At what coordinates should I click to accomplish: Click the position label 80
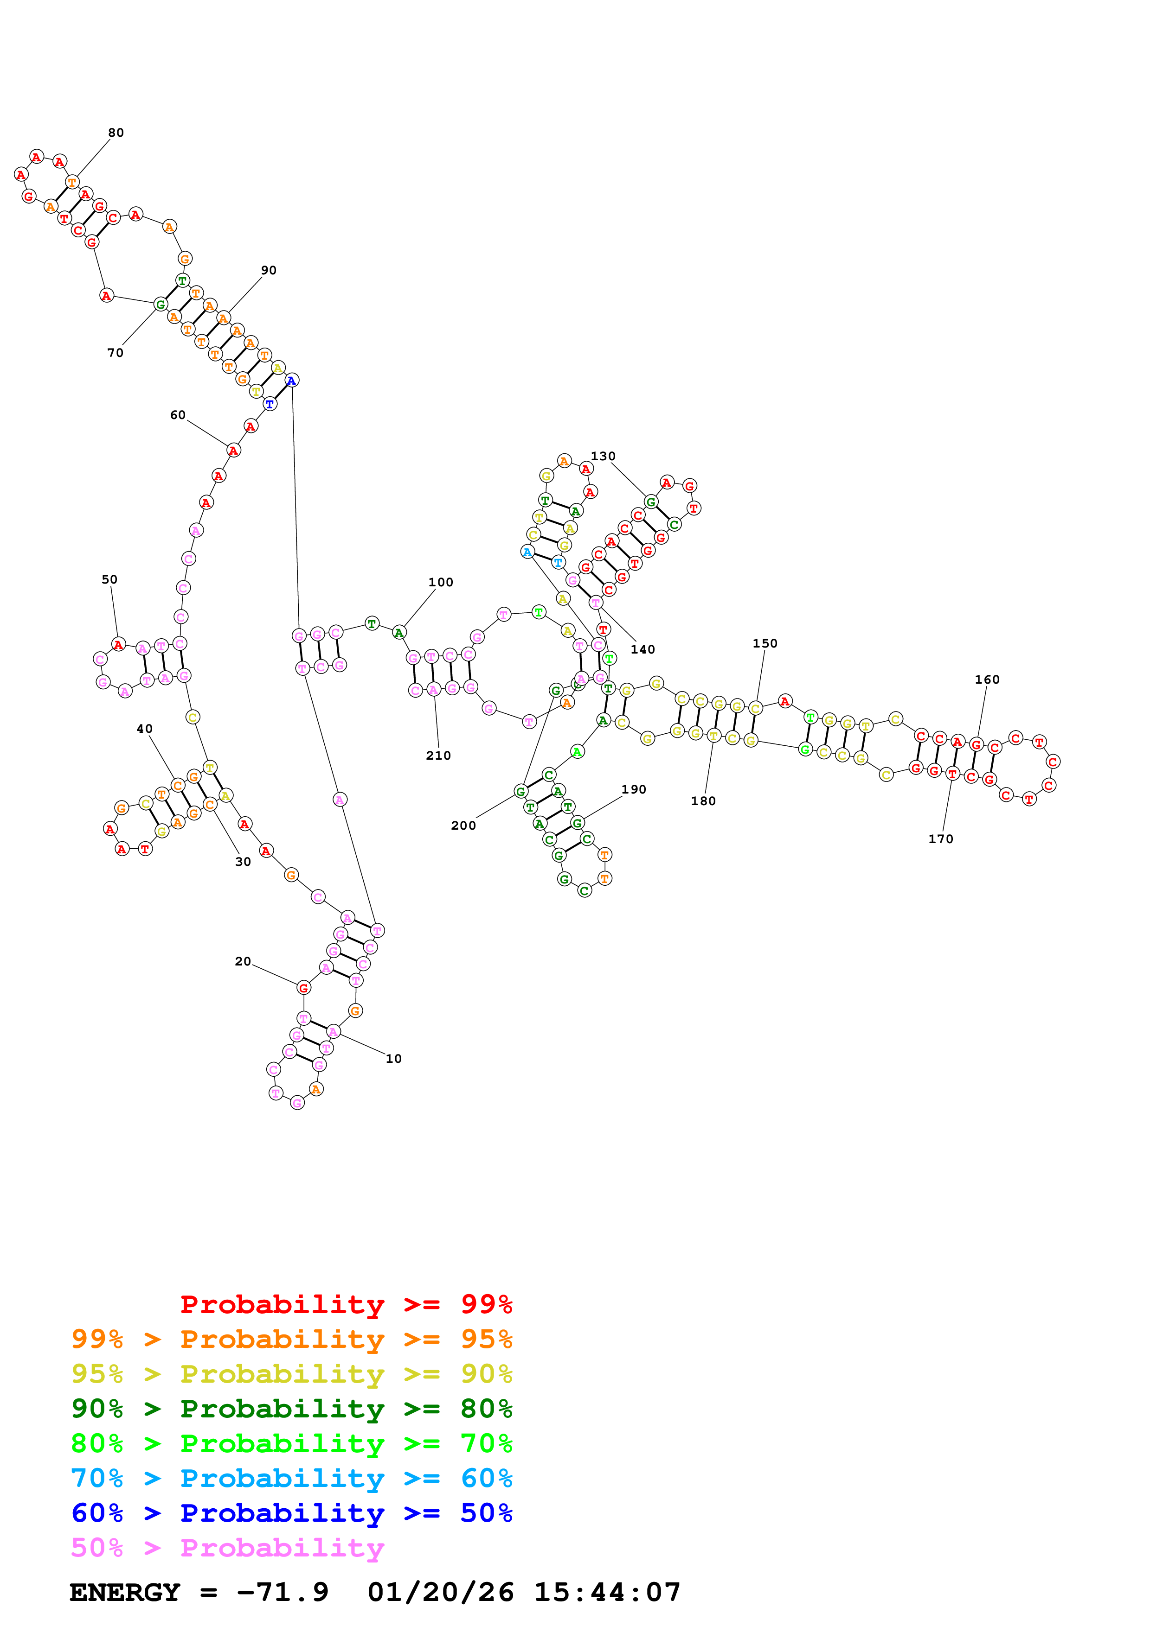[x=116, y=133]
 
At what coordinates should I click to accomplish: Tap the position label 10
[x=393, y=1058]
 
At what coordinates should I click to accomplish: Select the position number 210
[x=438, y=755]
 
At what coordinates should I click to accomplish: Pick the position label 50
[x=109, y=579]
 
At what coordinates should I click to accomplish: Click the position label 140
[x=642, y=649]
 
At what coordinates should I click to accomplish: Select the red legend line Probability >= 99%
[x=346, y=1304]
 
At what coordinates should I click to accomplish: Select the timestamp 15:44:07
[x=606, y=1592]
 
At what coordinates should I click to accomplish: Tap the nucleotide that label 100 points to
[x=399, y=632]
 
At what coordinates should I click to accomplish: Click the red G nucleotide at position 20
[x=303, y=987]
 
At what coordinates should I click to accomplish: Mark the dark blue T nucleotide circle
[x=269, y=404]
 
